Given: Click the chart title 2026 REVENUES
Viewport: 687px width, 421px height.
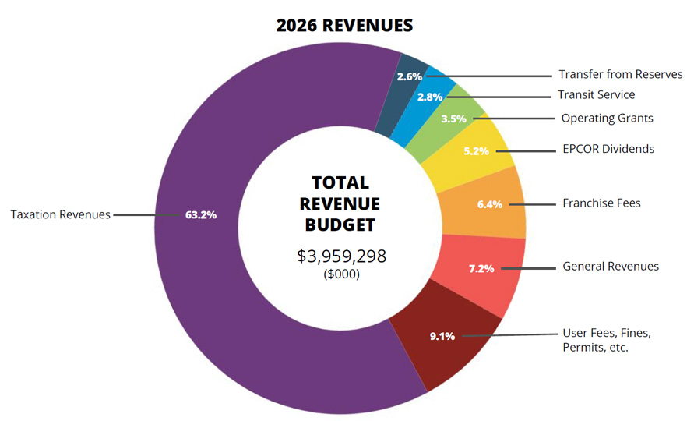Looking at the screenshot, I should coord(344,25).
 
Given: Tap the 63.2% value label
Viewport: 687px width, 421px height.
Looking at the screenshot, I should coord(200,214).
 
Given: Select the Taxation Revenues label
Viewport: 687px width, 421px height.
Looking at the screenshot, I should coord(61,214).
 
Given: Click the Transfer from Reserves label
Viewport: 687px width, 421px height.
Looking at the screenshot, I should coord(620,75).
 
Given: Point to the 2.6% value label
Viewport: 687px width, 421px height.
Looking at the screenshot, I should coord(409,76).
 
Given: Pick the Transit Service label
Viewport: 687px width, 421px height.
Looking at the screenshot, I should coord(596,95).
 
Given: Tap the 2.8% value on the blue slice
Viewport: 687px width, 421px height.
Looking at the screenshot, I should coord(430,97).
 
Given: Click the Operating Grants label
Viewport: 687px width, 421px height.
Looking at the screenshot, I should coord(607,119).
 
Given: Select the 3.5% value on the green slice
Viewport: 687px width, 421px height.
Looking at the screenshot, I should coord(453,119).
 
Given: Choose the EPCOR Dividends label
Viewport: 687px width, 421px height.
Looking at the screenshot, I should coord(608,148).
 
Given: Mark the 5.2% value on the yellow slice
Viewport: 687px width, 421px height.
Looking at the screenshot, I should coord(476,150).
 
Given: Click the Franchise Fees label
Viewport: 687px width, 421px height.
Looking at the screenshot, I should coord(601,203).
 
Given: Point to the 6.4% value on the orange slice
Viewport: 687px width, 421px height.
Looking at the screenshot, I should coord(490,205).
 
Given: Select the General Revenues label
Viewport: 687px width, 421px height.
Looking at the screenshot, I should coord(610,267).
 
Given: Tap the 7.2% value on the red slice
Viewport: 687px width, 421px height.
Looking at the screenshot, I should coord(481,268).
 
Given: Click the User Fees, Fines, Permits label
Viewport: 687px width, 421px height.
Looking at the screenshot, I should coord(606,341).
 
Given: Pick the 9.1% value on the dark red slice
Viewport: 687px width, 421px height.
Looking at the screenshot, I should coord(442,337).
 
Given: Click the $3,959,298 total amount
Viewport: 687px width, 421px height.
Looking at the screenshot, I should coord(341,256).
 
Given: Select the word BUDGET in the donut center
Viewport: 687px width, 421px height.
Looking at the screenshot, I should coord(341,225).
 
